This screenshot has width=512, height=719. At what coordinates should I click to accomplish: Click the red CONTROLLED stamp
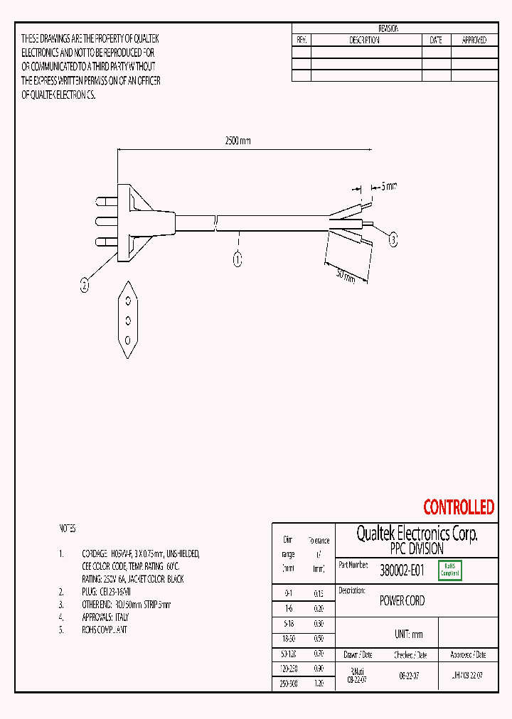click(458, 507)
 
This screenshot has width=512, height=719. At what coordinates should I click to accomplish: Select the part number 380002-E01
click(402, 570)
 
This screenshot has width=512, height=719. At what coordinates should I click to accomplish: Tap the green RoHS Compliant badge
click(450, 570)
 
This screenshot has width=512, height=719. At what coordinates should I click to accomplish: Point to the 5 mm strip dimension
click(388, 186)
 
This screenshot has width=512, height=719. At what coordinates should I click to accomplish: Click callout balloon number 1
click(237, 259)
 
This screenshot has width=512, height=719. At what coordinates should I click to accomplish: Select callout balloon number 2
click(85, 286)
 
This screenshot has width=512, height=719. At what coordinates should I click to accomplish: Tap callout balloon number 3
click(393, 241)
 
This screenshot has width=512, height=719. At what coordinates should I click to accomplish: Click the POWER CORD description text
click(402, 601)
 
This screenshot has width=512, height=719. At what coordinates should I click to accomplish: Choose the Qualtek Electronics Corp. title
click(416, 534)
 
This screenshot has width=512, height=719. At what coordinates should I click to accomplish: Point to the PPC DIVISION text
click(416, 549)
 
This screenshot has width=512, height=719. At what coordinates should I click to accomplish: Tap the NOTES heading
click(68, 529)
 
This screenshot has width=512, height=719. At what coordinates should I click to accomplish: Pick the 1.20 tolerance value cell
click(319, 682)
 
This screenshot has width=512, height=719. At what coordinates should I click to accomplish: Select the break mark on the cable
click(217, 222)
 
